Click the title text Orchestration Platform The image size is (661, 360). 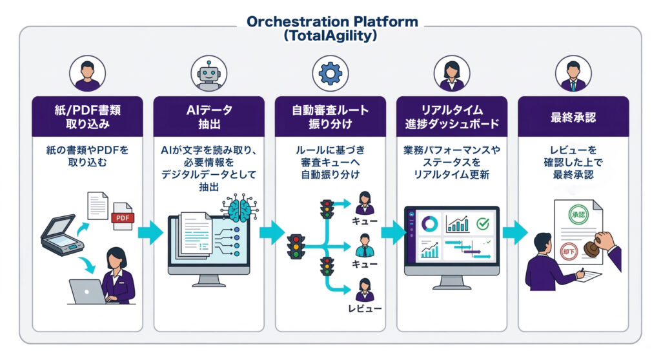pos(331,21)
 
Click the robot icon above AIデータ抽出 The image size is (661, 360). pos(209,74)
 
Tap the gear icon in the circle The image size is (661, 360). pos(330,74)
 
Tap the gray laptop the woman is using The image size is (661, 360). pos(87,291)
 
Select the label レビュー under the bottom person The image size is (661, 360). pos(365,308)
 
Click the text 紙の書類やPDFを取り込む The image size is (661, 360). pos(87,157)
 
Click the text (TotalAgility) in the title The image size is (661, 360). pos(331,36)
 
